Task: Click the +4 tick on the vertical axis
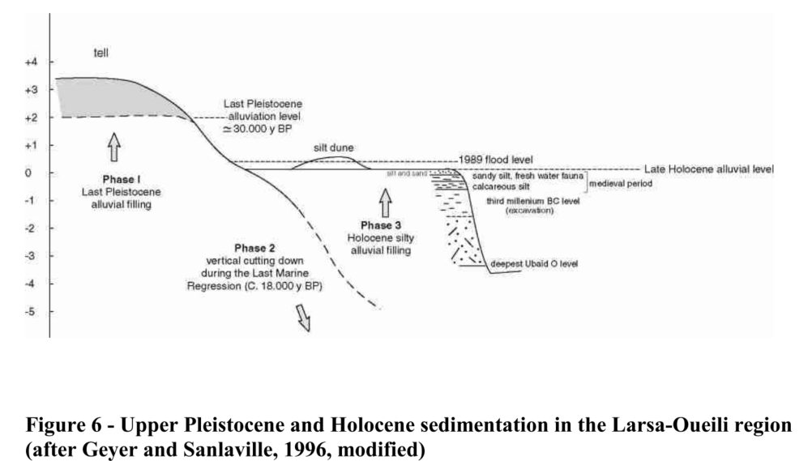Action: click(x=51, y=62)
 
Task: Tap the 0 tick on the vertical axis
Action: click(x=51, y=173)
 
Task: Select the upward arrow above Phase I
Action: click(x=113, y=147)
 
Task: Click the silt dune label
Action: click(x=333, y=147)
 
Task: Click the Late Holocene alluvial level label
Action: click(x=708, y=169)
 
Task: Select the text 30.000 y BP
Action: click(x=259, y=130)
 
